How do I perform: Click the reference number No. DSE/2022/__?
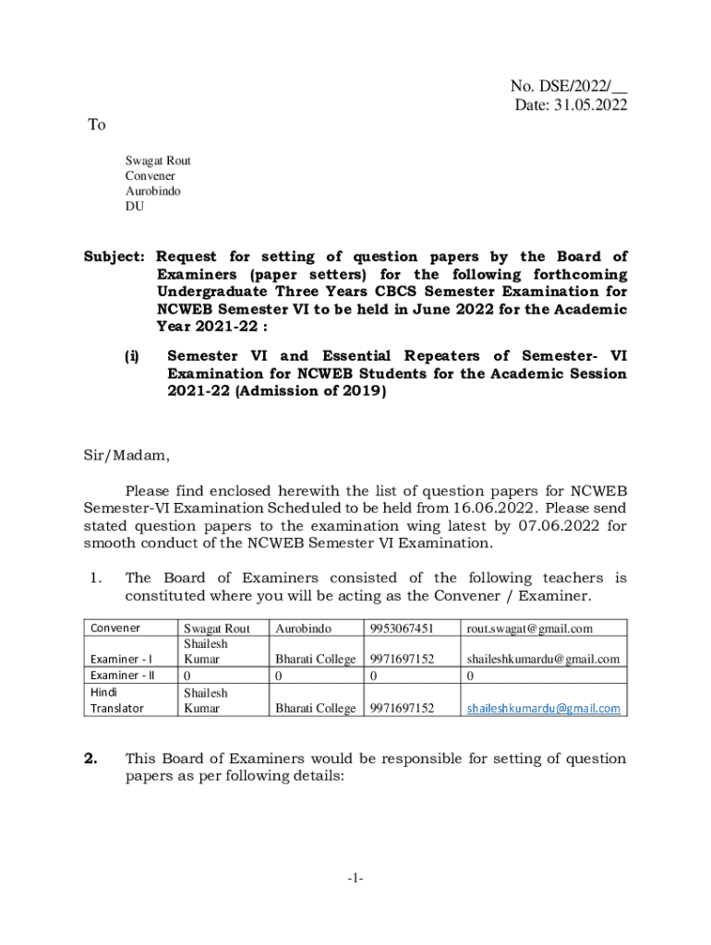(568, 87)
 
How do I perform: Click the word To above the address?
(97, 126)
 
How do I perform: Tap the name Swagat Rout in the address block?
(158, 161)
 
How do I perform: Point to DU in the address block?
(135, 207)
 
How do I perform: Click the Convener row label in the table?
(115, 628)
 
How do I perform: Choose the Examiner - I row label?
(122, 660)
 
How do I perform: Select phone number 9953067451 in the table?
(402, 628)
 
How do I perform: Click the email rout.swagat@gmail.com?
(529, 628)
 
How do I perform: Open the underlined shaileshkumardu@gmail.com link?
(543, 709)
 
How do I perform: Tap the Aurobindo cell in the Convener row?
(303, 628)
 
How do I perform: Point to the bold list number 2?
(90, 759)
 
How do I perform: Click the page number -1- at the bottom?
(355, 879)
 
